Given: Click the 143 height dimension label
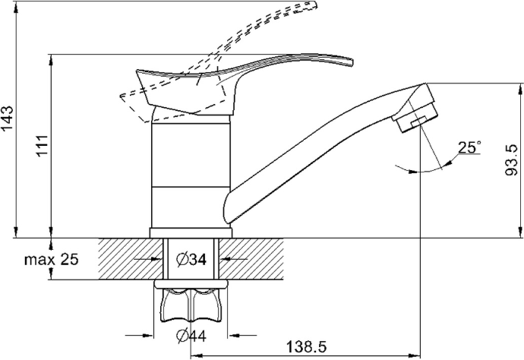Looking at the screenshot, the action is [x=8, y=118].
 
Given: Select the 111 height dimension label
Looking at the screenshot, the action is [x=43, y=146].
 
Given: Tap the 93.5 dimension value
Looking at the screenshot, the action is [x=511, y=160].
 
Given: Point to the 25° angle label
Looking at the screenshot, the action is [x=469, y=147].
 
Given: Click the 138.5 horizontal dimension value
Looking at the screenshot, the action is [x=306, y=347].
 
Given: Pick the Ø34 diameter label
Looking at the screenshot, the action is [x=191, y=259].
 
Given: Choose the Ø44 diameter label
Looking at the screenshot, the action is [x=191, y=335].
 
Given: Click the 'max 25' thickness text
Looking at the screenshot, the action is [x=51, y=259].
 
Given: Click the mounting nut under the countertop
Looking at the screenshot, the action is [x=191, y=301].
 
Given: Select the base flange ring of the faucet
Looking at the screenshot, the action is [x=191, y=233].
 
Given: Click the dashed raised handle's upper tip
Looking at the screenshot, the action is [x=312, y=5].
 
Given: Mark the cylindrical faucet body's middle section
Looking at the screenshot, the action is [x=191, y=156].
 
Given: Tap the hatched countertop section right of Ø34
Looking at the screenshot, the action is [x=251, y=259].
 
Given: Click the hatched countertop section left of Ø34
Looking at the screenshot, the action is [x=131, y=259].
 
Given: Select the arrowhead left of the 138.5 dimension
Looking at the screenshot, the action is [x=196, y=355].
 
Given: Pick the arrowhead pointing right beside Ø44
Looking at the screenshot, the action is [x=148, y=335].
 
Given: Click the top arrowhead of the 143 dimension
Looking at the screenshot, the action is [x=16, y=8].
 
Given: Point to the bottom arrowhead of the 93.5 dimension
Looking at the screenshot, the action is [x=520, y=232].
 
